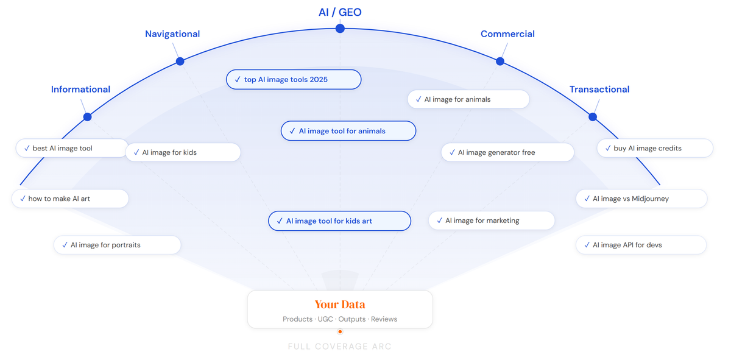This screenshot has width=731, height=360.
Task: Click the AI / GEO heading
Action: [x=340, y=12]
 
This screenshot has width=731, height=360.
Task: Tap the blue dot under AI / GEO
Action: [x=340, y=29]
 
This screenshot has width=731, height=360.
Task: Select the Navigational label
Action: [x=172, y=34]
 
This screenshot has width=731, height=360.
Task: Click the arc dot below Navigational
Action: [x=180, y=61]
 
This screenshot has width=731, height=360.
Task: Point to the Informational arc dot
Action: [x=88, y=116]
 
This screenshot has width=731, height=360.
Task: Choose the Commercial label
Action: [x=507, y=34]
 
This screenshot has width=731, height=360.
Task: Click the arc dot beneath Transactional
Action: [x=593, y=116]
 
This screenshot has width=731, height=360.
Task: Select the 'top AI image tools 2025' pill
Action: [x=294, y=80]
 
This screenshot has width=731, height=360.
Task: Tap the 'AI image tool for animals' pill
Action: [x=348, y=131]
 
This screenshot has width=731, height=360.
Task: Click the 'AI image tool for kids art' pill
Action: [x=339, y=221]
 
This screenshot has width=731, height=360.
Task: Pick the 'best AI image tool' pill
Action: [x=71, y=148]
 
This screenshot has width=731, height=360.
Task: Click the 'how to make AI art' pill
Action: [x=70, y=199]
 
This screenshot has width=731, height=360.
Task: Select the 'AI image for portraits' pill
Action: [x=118, y=245]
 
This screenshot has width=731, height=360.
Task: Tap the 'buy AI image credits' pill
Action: [x=655, y=148]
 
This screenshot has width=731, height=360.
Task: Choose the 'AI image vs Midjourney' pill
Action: [x=641, y=199]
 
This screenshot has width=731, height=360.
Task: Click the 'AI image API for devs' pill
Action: [x=641, y=245]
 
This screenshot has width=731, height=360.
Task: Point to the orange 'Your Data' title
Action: [x=340, y=305]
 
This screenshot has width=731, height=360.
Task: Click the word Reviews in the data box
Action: [x=384, y=319]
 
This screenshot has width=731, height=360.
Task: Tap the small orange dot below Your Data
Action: [x=340, y=332]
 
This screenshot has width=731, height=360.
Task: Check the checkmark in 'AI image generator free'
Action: [x=451, y=152]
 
